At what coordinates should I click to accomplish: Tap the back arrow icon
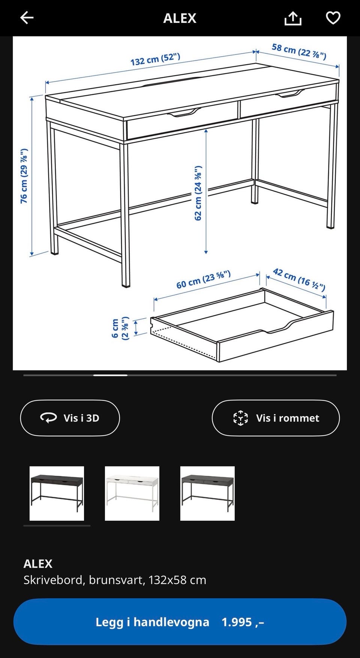27,18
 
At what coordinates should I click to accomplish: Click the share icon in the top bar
293,18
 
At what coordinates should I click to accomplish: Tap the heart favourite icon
333,18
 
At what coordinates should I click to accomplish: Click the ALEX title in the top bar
180,18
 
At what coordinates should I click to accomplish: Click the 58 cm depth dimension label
299,51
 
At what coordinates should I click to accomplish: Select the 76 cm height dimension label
24,176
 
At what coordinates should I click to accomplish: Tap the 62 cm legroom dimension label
198,193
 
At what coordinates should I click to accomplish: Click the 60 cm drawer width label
203,280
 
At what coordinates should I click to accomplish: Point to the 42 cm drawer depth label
299,279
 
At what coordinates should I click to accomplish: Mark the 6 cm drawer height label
120,328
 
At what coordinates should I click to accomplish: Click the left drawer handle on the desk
184,112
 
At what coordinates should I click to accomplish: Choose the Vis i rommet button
276,418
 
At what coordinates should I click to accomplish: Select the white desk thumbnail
132,493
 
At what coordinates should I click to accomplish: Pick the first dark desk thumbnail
57,493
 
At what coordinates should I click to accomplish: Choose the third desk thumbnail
207,493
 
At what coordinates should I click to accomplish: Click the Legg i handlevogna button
180,622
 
